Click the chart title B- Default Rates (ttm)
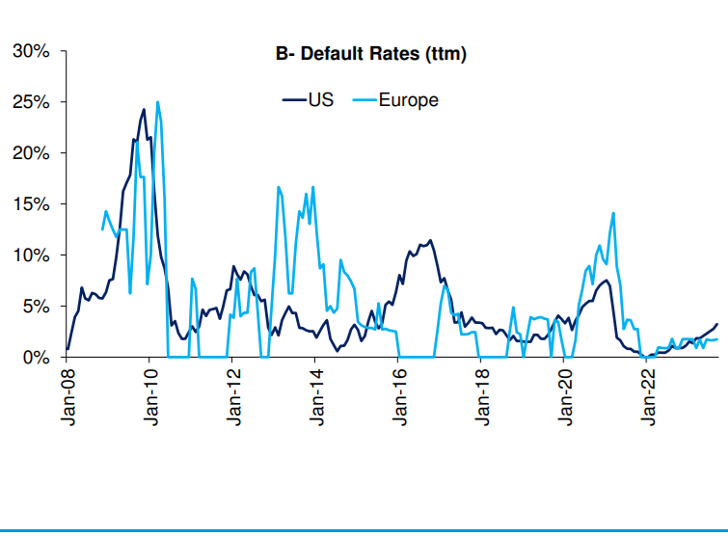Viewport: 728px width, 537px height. (x=371, y=54)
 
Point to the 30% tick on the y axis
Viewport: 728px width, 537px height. (x=32, y=51)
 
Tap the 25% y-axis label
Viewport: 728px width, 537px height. (x=32, y=102)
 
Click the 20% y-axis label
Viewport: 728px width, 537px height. (x=32, y=153)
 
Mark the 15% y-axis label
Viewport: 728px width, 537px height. (x=32, y=204)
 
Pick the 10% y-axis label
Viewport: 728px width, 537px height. (x=32, y=255)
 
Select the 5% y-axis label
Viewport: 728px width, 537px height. (x=37, y=307)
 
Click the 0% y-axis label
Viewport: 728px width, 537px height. (x=37, y=358)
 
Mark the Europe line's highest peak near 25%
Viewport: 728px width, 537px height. (x=157, y=102)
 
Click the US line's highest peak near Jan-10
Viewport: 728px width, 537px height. (x=144, y=110)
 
